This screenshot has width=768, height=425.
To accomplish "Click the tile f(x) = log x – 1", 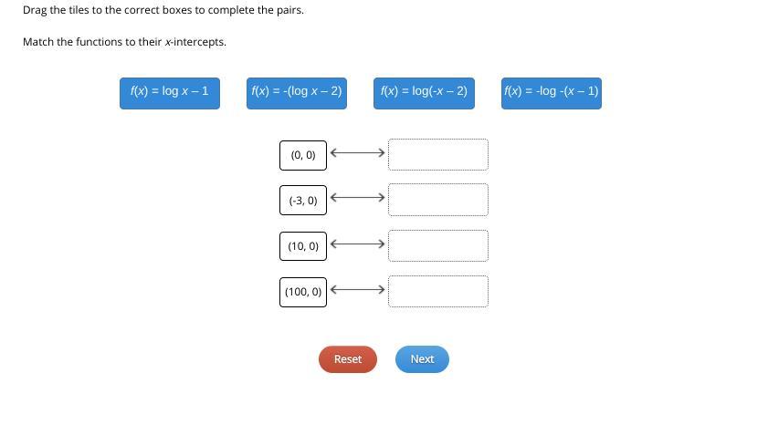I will (169, 92).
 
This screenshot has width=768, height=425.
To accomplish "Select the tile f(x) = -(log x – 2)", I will (297, 92).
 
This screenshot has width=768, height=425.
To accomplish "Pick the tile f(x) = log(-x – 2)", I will (424, 92).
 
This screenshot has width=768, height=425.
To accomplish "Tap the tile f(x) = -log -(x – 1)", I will (551, 92).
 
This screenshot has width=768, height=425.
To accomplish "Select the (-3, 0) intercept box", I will (303, 201).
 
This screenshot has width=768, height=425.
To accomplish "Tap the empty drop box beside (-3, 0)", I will (437, 200).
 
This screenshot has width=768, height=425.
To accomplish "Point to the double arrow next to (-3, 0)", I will (357, 198).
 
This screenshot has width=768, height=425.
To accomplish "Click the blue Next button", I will (422, 359).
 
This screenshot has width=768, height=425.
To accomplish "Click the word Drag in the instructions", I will (35, 10).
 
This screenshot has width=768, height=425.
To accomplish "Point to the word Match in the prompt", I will (38, 42).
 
